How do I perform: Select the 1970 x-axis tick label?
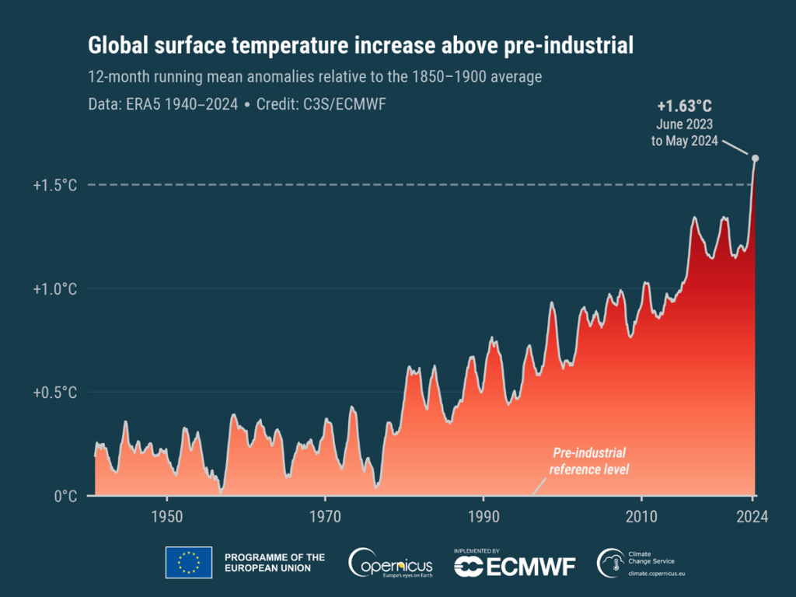coord(325,516)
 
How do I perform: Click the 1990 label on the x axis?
coord(483,516)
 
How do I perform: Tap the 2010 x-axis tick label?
coord(641,516)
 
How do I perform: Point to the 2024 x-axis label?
coord(752,516)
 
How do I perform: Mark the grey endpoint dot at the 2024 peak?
coord(755,159)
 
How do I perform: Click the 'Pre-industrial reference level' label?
coord(588,461)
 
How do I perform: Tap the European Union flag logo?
coord(188,562)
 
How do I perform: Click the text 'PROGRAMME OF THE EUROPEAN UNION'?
coord(274,563)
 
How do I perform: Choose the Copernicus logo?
coord(390,563)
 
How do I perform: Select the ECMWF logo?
coord(515,564)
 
